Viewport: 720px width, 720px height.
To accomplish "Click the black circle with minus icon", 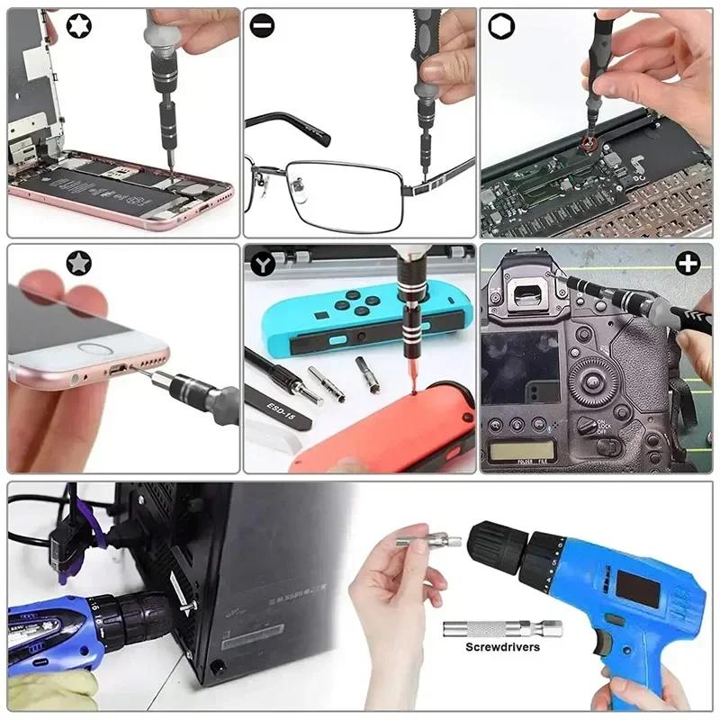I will [262, 27].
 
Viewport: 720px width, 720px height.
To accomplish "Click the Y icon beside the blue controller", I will [262, 264].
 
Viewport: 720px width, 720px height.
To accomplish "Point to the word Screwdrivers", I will [502, 647].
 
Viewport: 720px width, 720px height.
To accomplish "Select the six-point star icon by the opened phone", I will [26, 27].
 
